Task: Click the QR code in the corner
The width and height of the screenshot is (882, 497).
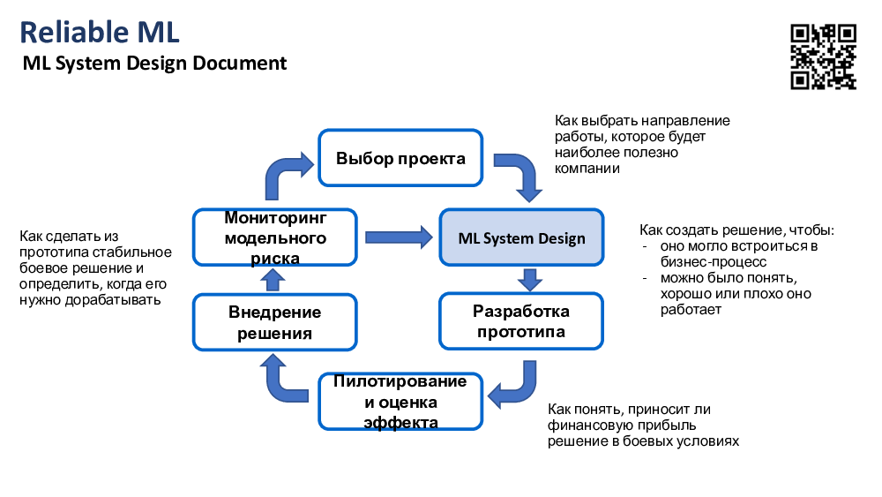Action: coord(823,56)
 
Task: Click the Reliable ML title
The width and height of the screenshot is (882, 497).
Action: coord(99,32)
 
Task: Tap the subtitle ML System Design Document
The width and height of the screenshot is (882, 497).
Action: coord(154,64)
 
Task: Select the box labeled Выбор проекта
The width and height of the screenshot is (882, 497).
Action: coord(400,158)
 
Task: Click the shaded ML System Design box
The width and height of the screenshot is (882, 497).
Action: coord(521,237)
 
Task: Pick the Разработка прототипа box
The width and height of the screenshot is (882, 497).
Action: coord(521,321)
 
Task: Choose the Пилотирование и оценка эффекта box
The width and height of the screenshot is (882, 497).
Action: coord(401,402)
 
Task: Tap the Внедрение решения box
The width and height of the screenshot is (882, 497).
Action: coord(275,321)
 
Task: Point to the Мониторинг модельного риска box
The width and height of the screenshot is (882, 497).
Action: coord(275,237)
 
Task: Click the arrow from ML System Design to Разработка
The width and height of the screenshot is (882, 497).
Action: coord(529,279)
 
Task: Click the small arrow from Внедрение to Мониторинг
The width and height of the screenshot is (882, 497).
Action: coord(274,280)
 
